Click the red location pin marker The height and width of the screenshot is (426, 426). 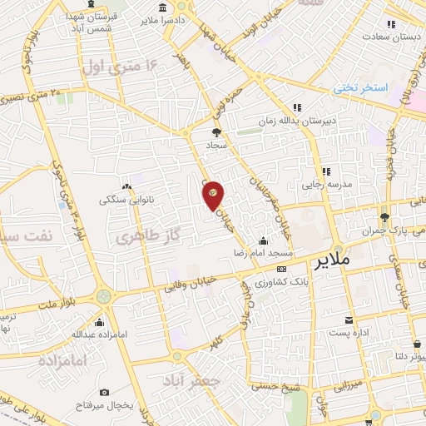pos(213,196)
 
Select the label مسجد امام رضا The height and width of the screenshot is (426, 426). pos(267,251)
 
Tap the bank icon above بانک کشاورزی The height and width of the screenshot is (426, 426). pos(281,270)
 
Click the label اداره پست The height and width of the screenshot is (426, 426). pos(348,332)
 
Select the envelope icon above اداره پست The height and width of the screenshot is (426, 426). pos(348,319)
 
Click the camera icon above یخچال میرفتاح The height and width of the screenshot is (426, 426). pos(104,392)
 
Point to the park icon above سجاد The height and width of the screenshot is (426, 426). pos(216,132)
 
